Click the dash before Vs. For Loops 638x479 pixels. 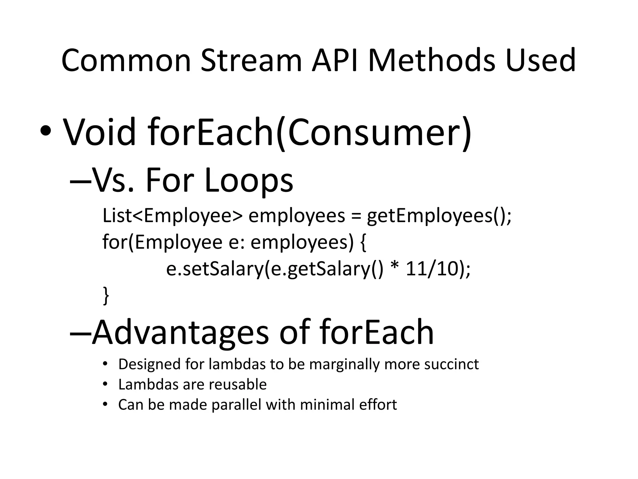(80, 181)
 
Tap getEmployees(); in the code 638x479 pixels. (439, 216)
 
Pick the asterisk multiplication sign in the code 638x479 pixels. (394, 268)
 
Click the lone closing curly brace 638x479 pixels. (106, 296)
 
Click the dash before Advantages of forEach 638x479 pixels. (80, 333)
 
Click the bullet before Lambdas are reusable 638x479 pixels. (105, 384)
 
